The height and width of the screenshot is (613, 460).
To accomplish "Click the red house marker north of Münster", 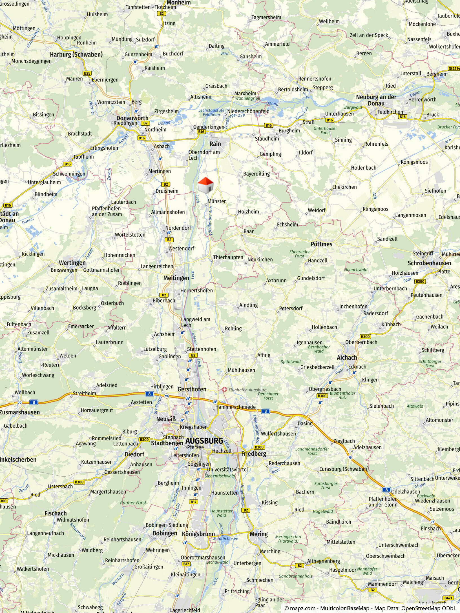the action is (205, 185).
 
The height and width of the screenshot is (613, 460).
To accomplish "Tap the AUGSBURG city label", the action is (204, 441).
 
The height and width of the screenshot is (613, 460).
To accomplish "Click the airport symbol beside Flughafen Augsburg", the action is (224, 390).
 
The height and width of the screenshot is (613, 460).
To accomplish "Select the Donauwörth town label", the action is (132, 118).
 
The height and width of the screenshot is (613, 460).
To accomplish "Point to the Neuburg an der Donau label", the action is (376, 100).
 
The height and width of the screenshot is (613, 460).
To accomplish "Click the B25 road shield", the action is (87, 73).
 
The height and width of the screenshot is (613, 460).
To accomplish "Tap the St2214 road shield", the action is (454, 68).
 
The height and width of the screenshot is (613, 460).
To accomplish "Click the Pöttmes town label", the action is (321, 244).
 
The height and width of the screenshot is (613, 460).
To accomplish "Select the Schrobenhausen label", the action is (429, 263).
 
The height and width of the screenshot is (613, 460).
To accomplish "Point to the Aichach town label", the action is (347, 357).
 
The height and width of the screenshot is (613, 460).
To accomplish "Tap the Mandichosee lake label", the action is (225, 539).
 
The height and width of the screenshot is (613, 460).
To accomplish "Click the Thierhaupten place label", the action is (228, 257).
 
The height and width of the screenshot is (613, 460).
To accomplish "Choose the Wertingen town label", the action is (72, 263).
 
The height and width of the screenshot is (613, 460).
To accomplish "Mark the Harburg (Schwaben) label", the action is (76, 54).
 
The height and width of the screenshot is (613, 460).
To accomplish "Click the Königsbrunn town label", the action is (198, 534).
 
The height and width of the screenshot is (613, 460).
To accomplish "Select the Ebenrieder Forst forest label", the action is (299, 254).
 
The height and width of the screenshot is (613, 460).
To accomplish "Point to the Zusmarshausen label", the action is (20, 412).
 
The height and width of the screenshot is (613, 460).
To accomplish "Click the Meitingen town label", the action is (176, 278).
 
